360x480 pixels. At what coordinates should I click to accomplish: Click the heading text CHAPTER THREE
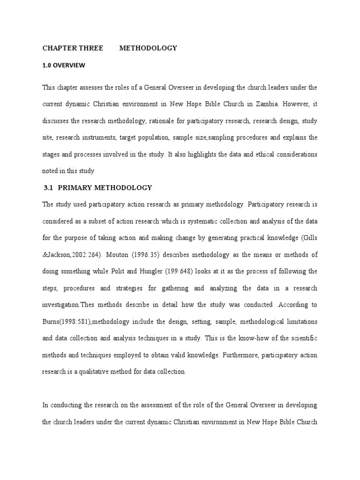pos(73,48)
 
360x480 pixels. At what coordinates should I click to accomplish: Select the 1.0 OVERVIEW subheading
pos(64,66)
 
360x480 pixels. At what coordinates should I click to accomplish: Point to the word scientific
pos(304,338)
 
